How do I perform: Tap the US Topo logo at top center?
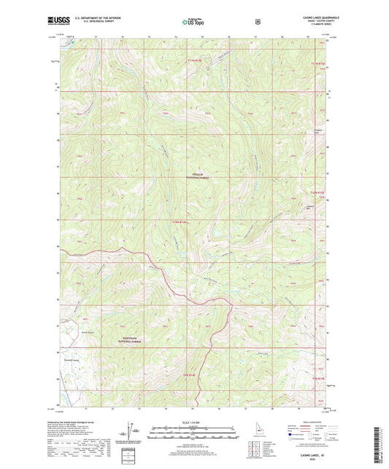point(192,22)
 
